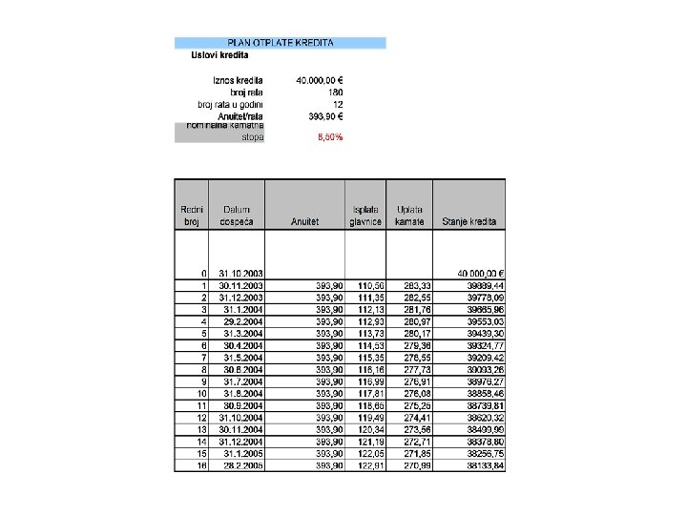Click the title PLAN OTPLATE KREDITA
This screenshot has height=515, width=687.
[280, 43]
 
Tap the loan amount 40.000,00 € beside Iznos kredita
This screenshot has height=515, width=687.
[320, 80]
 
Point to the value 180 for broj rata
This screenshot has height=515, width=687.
[335, 92]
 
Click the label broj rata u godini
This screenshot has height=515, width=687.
[230, 104]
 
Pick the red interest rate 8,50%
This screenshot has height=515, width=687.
[329, 137]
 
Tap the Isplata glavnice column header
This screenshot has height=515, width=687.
[365, 215]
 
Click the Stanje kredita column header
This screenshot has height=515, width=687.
[469, 221]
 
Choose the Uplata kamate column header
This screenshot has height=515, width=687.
[410, 215]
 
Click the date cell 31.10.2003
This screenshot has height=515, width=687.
[241, 274]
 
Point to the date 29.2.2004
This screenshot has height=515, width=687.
[245, 322]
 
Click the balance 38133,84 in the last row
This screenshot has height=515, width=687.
[486, 465]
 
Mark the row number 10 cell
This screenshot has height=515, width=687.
[201, 393]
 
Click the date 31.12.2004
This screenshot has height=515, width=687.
[241, 442]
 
